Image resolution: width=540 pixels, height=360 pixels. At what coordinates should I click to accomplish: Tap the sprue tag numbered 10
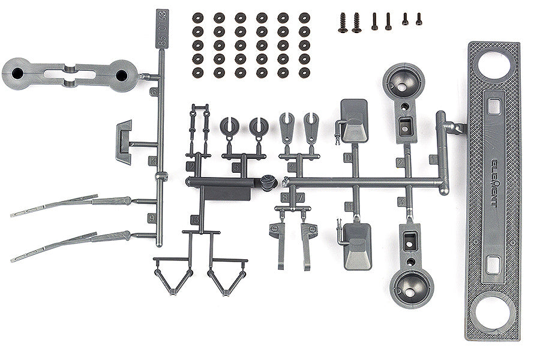349,158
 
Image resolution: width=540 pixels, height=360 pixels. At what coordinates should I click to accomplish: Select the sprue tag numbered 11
349,206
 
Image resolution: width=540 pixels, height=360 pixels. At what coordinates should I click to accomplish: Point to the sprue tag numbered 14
152,161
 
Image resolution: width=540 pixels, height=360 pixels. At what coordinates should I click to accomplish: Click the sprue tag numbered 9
151,218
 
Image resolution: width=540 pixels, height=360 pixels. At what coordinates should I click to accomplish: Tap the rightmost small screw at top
418,19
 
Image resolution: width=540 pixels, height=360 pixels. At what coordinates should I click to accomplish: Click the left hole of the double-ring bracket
17,74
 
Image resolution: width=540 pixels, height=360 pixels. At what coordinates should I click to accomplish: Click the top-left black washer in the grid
197,17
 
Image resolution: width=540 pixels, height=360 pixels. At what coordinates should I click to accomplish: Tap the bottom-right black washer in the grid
304,73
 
